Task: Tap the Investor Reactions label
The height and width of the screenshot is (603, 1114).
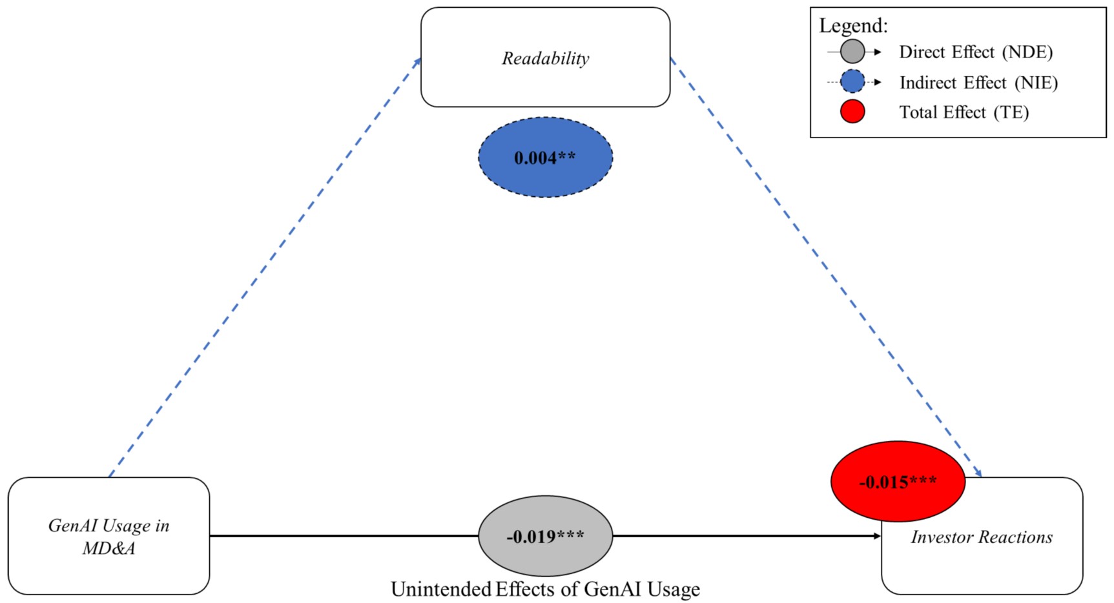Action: (982, 537)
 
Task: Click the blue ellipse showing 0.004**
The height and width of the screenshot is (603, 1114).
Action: (545, 158)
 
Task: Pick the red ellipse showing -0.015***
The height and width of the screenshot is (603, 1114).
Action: (898, 482)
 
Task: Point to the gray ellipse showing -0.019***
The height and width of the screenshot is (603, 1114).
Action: (545, 536)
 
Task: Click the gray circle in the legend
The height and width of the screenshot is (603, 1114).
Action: (852, 52)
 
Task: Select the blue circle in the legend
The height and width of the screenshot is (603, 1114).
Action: (852, 82)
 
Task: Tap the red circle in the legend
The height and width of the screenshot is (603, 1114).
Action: (852, 112)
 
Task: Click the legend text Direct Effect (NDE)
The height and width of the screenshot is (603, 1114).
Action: (976, 52)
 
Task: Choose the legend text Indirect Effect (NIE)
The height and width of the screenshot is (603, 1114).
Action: (978, 83)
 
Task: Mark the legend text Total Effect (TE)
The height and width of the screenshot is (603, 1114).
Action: (964, 112)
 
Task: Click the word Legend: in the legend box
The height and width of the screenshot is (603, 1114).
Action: (853, 26)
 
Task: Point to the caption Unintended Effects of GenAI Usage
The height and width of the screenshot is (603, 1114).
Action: (545, 589)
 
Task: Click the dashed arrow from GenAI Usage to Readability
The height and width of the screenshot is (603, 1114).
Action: (265, 268)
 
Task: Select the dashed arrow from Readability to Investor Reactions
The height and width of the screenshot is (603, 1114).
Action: (827, 268)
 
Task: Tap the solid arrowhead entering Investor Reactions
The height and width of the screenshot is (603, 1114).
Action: (877, 536)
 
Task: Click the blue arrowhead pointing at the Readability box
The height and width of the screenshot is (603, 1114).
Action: (417, 62)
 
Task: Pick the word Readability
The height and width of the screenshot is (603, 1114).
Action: (545, 58)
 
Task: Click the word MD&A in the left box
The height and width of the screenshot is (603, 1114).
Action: (108, 548)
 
